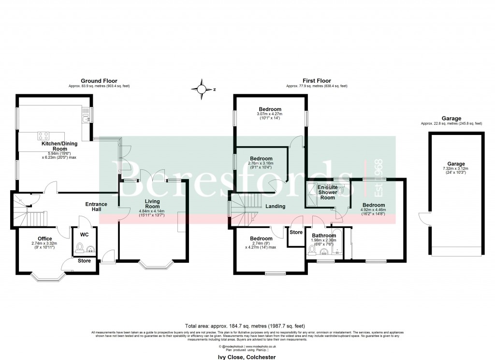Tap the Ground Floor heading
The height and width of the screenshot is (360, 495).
[x=99, y=81]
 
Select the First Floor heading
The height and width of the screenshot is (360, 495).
[x=317, y=81]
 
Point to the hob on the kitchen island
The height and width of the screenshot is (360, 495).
[x=44, y=136]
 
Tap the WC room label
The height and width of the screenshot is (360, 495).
[x=84, y=235]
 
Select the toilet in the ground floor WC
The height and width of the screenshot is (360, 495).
[x=80, y=250]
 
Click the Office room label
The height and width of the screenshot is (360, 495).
[x=45, y=238]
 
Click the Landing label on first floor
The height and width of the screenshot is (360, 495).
[x=275, y=206]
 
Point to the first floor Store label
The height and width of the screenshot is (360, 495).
[x=296, y=232]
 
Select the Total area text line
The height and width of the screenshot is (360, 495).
[x=245, y=326]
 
